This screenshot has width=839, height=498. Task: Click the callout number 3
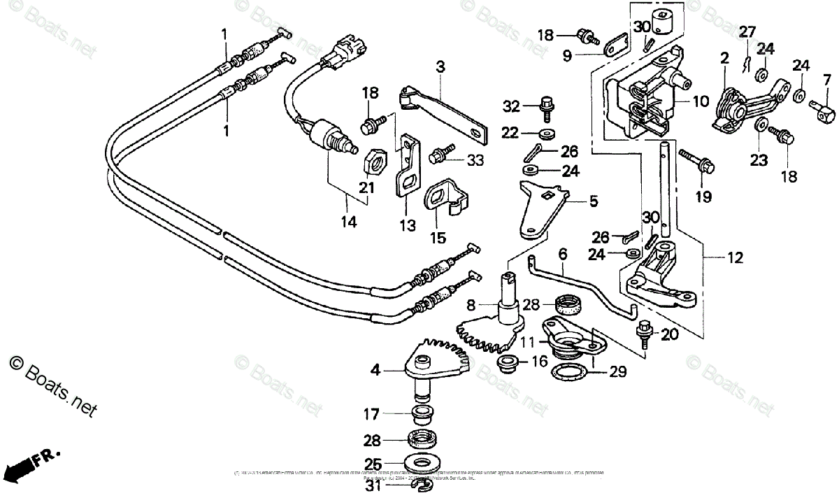pyautogui.click(x=440, y=67)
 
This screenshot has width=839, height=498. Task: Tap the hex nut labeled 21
pyautogui.click(x=376, y=162)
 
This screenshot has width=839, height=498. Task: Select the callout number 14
pyautogui.click(x=348, y=222)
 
